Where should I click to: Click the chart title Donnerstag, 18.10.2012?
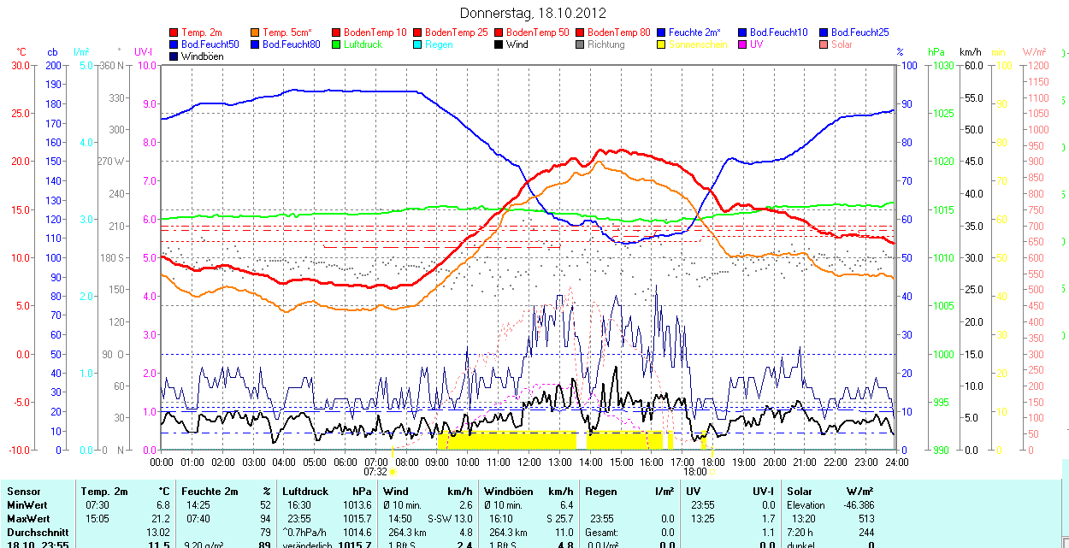pos(533,13)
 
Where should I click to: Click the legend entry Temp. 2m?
pos(204,32)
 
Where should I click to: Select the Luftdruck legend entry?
pos(363,44)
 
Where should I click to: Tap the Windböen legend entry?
pos(201,56)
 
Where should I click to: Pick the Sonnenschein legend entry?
pos(698,44)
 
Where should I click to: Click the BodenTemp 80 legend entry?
pos(618,32)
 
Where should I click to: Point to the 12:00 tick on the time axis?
pos(529,462)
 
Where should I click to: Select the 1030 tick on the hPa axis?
pos(942,65)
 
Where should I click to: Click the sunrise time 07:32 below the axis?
pos(375,471)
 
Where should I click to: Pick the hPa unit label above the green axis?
pos(936,52)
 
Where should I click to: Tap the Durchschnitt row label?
pos(37,532)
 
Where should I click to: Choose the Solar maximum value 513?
pos(865,519)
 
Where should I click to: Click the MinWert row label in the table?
pos(27,505)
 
